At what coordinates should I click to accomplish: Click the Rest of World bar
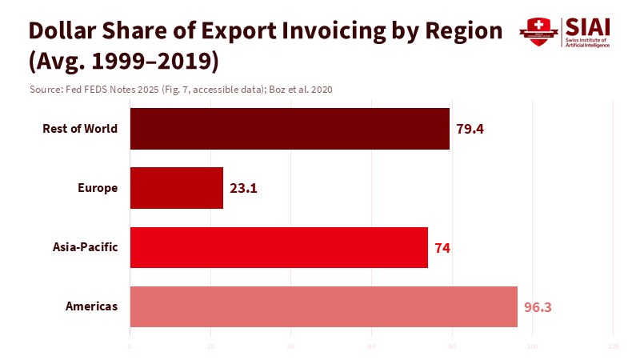point(290,129)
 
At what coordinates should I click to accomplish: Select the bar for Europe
point(176,188)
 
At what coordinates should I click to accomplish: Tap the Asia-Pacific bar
point(278,247)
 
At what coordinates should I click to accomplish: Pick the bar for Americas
point(323,306)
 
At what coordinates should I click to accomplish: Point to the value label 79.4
point(470,129)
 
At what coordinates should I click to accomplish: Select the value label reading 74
point(442,248)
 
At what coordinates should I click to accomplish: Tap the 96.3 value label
point(538,307)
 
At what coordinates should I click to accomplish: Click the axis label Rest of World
point(80,129)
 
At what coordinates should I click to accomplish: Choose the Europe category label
point(98,188)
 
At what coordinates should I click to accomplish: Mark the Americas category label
point(92,306)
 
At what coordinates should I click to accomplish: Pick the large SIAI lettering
point(587,27)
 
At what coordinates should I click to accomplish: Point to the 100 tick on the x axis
point(532,346)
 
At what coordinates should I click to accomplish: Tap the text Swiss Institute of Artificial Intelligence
point(587,42)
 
